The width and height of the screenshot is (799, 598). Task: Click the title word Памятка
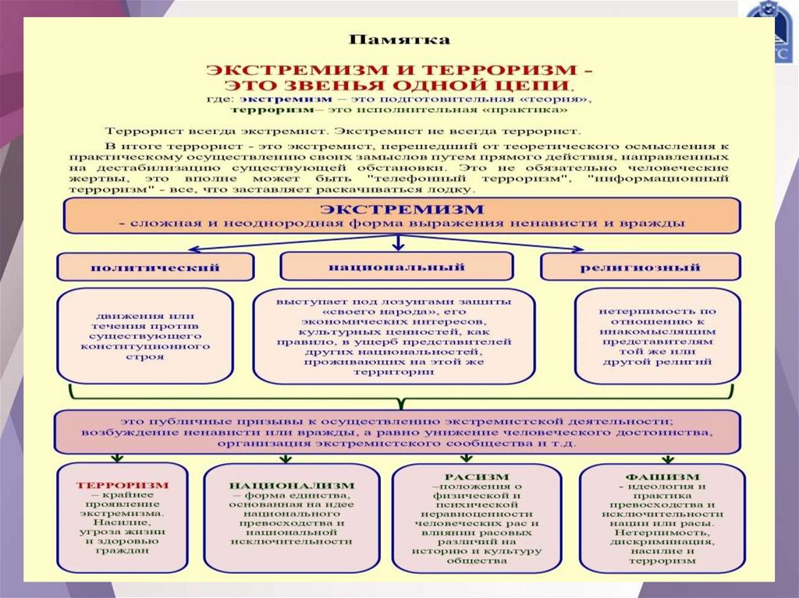[399, 38]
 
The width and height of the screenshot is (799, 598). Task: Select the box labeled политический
[155, 267]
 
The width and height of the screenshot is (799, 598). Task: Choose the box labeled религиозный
[640, 267]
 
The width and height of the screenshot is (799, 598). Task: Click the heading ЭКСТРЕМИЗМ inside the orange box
[402, 209]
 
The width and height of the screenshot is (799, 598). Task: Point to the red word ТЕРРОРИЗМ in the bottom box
[122, 484]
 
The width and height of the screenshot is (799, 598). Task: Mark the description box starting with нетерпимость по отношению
[657, 336]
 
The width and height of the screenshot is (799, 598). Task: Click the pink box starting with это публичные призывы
[397, 431]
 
